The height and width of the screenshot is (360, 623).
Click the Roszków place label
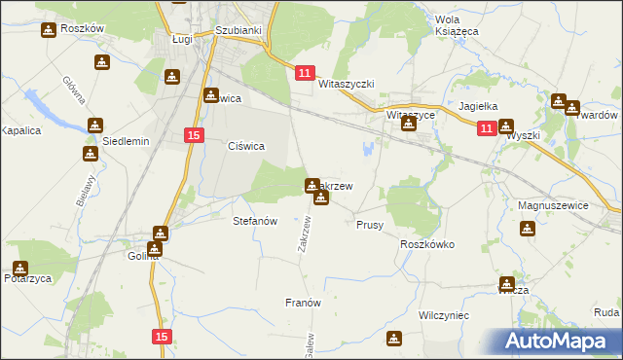pos(82,29)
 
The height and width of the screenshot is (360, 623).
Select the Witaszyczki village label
pos(347,85)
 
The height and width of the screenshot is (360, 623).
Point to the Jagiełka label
pos(478,107)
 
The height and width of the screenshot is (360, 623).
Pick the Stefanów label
pos(256,221)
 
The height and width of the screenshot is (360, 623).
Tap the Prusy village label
pos(370,224)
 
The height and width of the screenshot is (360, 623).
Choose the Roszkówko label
pos(427,245)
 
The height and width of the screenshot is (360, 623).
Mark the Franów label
pos(303,303)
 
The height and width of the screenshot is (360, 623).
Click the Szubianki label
pos(238,30)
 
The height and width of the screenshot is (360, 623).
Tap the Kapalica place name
pos(19,129)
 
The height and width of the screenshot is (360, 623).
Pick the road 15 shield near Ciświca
pos(194,135)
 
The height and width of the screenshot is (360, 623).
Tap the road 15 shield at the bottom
pos(162,336)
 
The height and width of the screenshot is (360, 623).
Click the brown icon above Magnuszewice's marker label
pos(528,229)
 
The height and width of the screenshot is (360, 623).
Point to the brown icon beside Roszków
pos(48,30)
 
